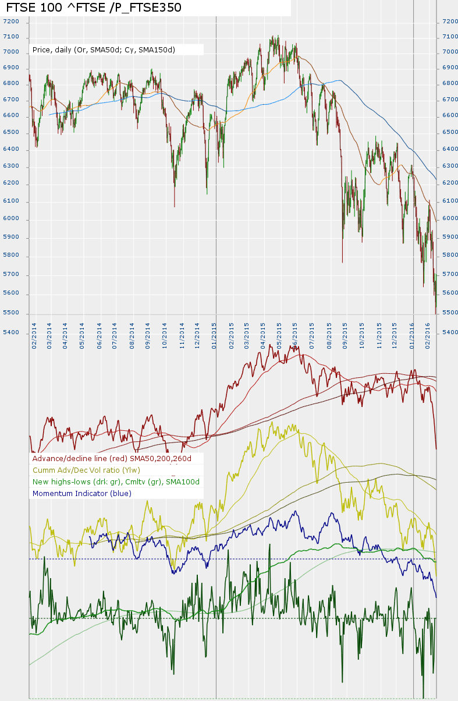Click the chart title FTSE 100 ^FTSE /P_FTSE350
coord(94,8)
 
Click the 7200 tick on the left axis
coord(11,22)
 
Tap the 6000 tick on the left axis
coord(11,219)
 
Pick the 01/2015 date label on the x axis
coord(215,337)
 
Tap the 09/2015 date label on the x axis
coord(346,337)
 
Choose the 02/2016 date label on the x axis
coord(428,337)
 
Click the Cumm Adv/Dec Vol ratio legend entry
coord(87,470)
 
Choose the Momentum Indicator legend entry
coord(82,494)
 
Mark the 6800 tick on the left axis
coord(11,84)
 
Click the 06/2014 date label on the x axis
coord(100,337)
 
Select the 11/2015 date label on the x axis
coord(379,337)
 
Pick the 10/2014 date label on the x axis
coord(166,337)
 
